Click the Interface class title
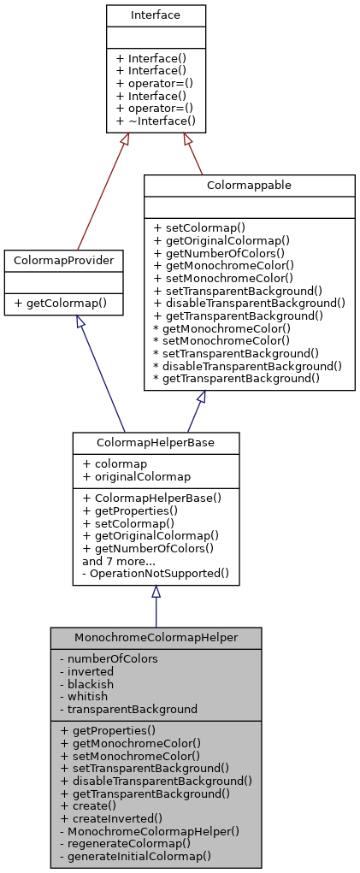click(x=156, y=15)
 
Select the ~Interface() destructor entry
click(x=156, y=121)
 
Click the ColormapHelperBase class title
click(x=156, y=442)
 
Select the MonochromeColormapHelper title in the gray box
click(x=156, y=638)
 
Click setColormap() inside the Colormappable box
click(x=199, y=227)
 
